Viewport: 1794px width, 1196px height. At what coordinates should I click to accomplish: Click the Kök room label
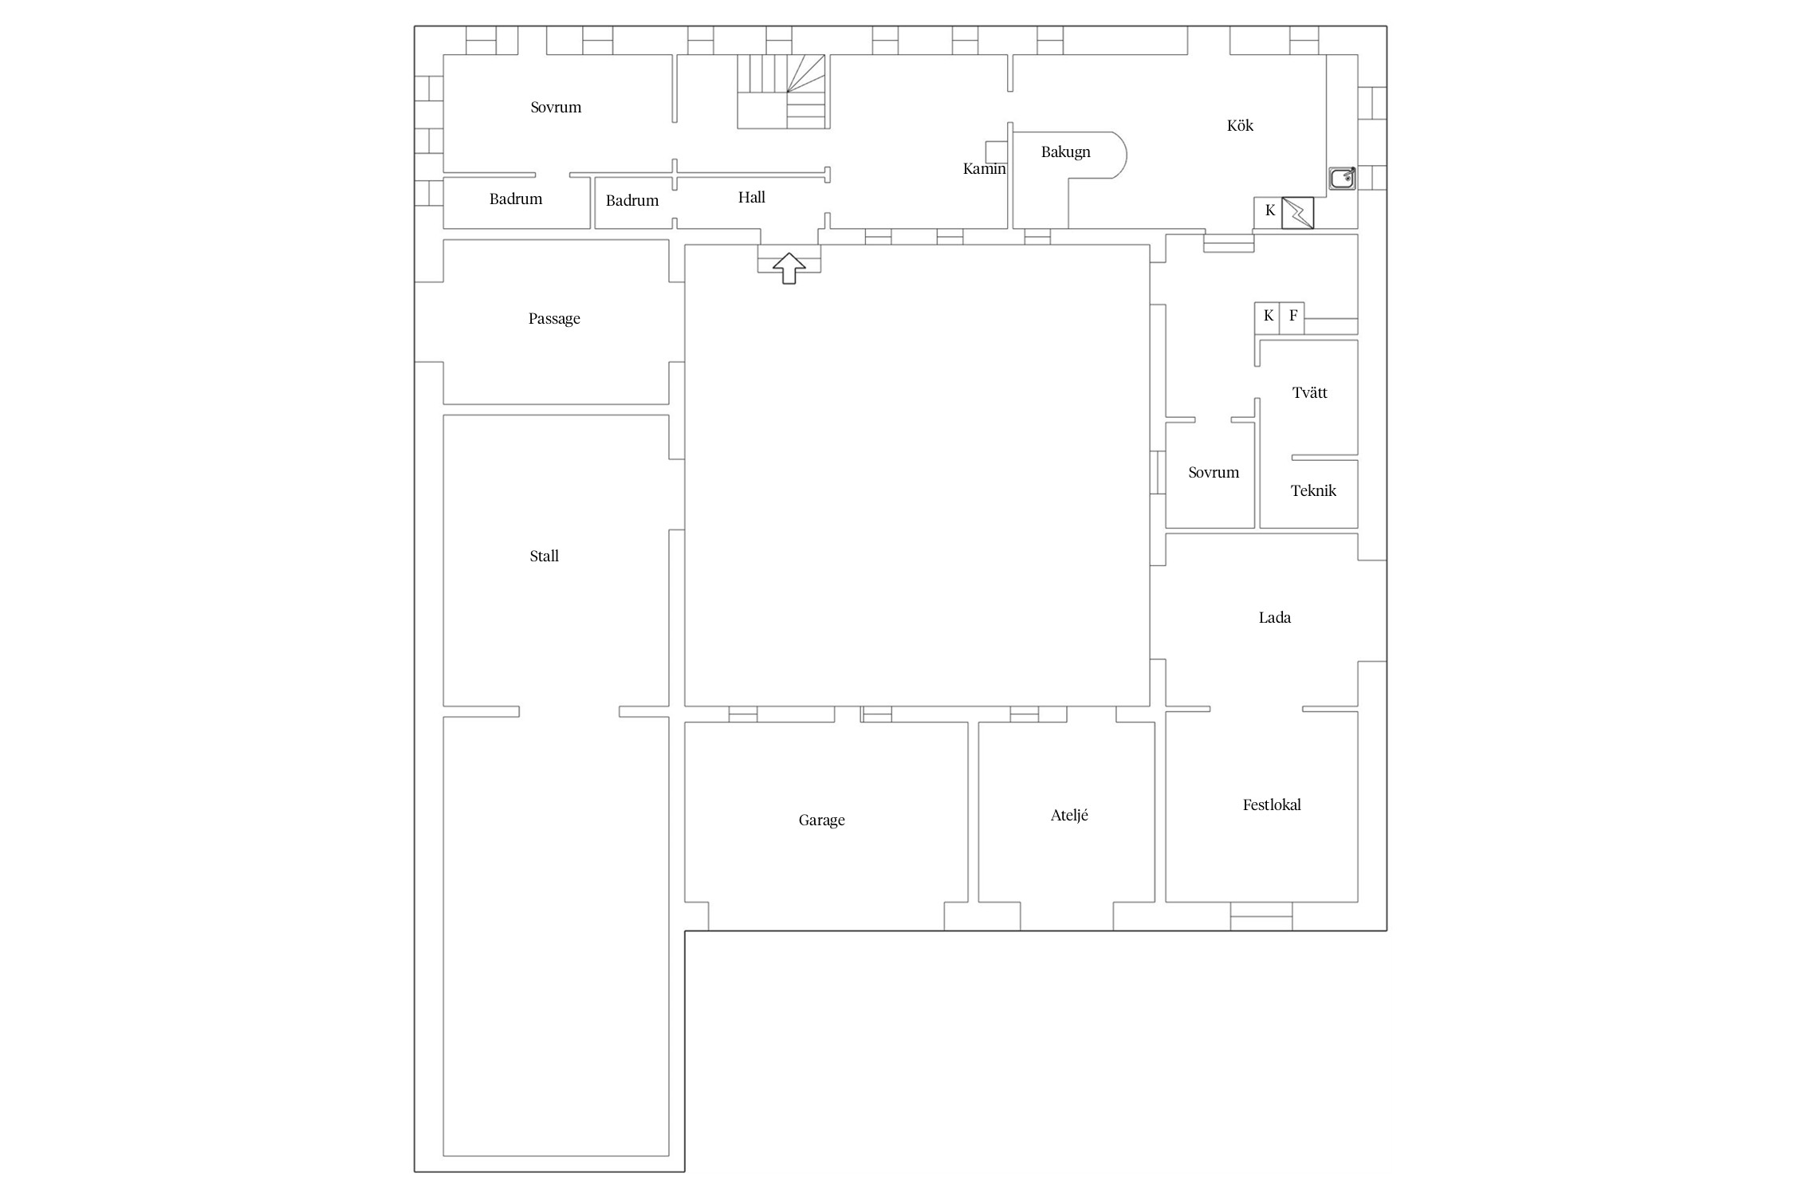pyautogui.click(x=1240, y=125)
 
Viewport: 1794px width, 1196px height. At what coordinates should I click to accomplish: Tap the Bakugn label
pyautogui.click(x=1065, y=152)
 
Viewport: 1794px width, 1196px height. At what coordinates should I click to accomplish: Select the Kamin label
pyautogui.click(x=984, y=168)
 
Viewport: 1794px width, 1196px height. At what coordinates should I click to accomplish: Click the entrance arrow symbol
pyautogui.click(x=789, y=268)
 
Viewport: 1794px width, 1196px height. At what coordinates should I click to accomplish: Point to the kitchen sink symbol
pyautogui.click(x=1342, y=178)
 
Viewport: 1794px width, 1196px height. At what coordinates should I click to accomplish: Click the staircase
pyautogui.click(x=782, y=91)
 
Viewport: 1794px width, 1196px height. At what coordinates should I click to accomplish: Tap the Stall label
pyautogui.click(x=544, y=556)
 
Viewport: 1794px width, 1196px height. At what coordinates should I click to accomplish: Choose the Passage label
pyautogui.click(x=554, y=319)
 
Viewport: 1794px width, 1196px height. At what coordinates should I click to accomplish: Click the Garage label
pyautogui.click(x=821, y=820)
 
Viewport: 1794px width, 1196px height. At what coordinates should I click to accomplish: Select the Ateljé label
pyautogui.click(x=1069, y=815)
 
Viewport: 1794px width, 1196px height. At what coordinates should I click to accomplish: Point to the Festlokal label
pyautogui.click(x=1272, y=805)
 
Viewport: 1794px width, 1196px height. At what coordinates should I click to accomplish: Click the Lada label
pyautogui.click(x=1274, y=617)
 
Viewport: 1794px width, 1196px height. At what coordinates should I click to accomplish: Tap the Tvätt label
pyautogui.click(x=1309, y=392)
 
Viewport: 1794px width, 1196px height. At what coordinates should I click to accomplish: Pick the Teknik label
pyautogui.click(x=1313, y=490)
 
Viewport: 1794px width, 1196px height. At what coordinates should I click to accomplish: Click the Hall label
pyautogui.click(x=751, y=197)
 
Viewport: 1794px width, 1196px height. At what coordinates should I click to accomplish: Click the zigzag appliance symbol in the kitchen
pyautogui.click(x=1297, y=213)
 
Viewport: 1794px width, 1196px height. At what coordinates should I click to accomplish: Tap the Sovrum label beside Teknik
pyautogui.click(x=1214, y=472)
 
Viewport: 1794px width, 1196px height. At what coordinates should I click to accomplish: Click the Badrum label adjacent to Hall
pyautogui.click(x=632, y=200)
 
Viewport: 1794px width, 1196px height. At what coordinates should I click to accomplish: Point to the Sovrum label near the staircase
pyautogui.click(x=556, y=107)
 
